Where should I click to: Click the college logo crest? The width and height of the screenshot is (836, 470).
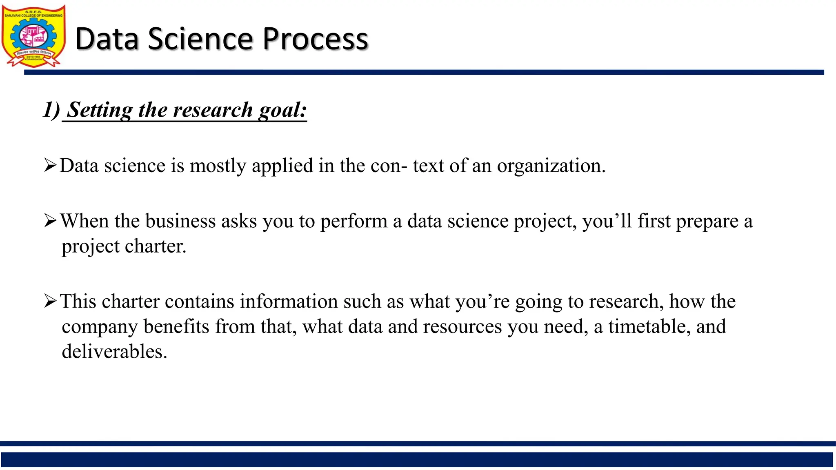(33, 36)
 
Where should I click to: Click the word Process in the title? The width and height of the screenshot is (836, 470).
(315, 39)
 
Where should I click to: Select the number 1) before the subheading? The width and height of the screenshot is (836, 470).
(52, 110)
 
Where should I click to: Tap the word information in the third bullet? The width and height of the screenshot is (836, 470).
(289, 302)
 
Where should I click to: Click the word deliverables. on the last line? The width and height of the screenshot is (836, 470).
(115, 352)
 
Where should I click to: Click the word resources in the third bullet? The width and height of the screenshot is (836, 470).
(462, 327)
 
